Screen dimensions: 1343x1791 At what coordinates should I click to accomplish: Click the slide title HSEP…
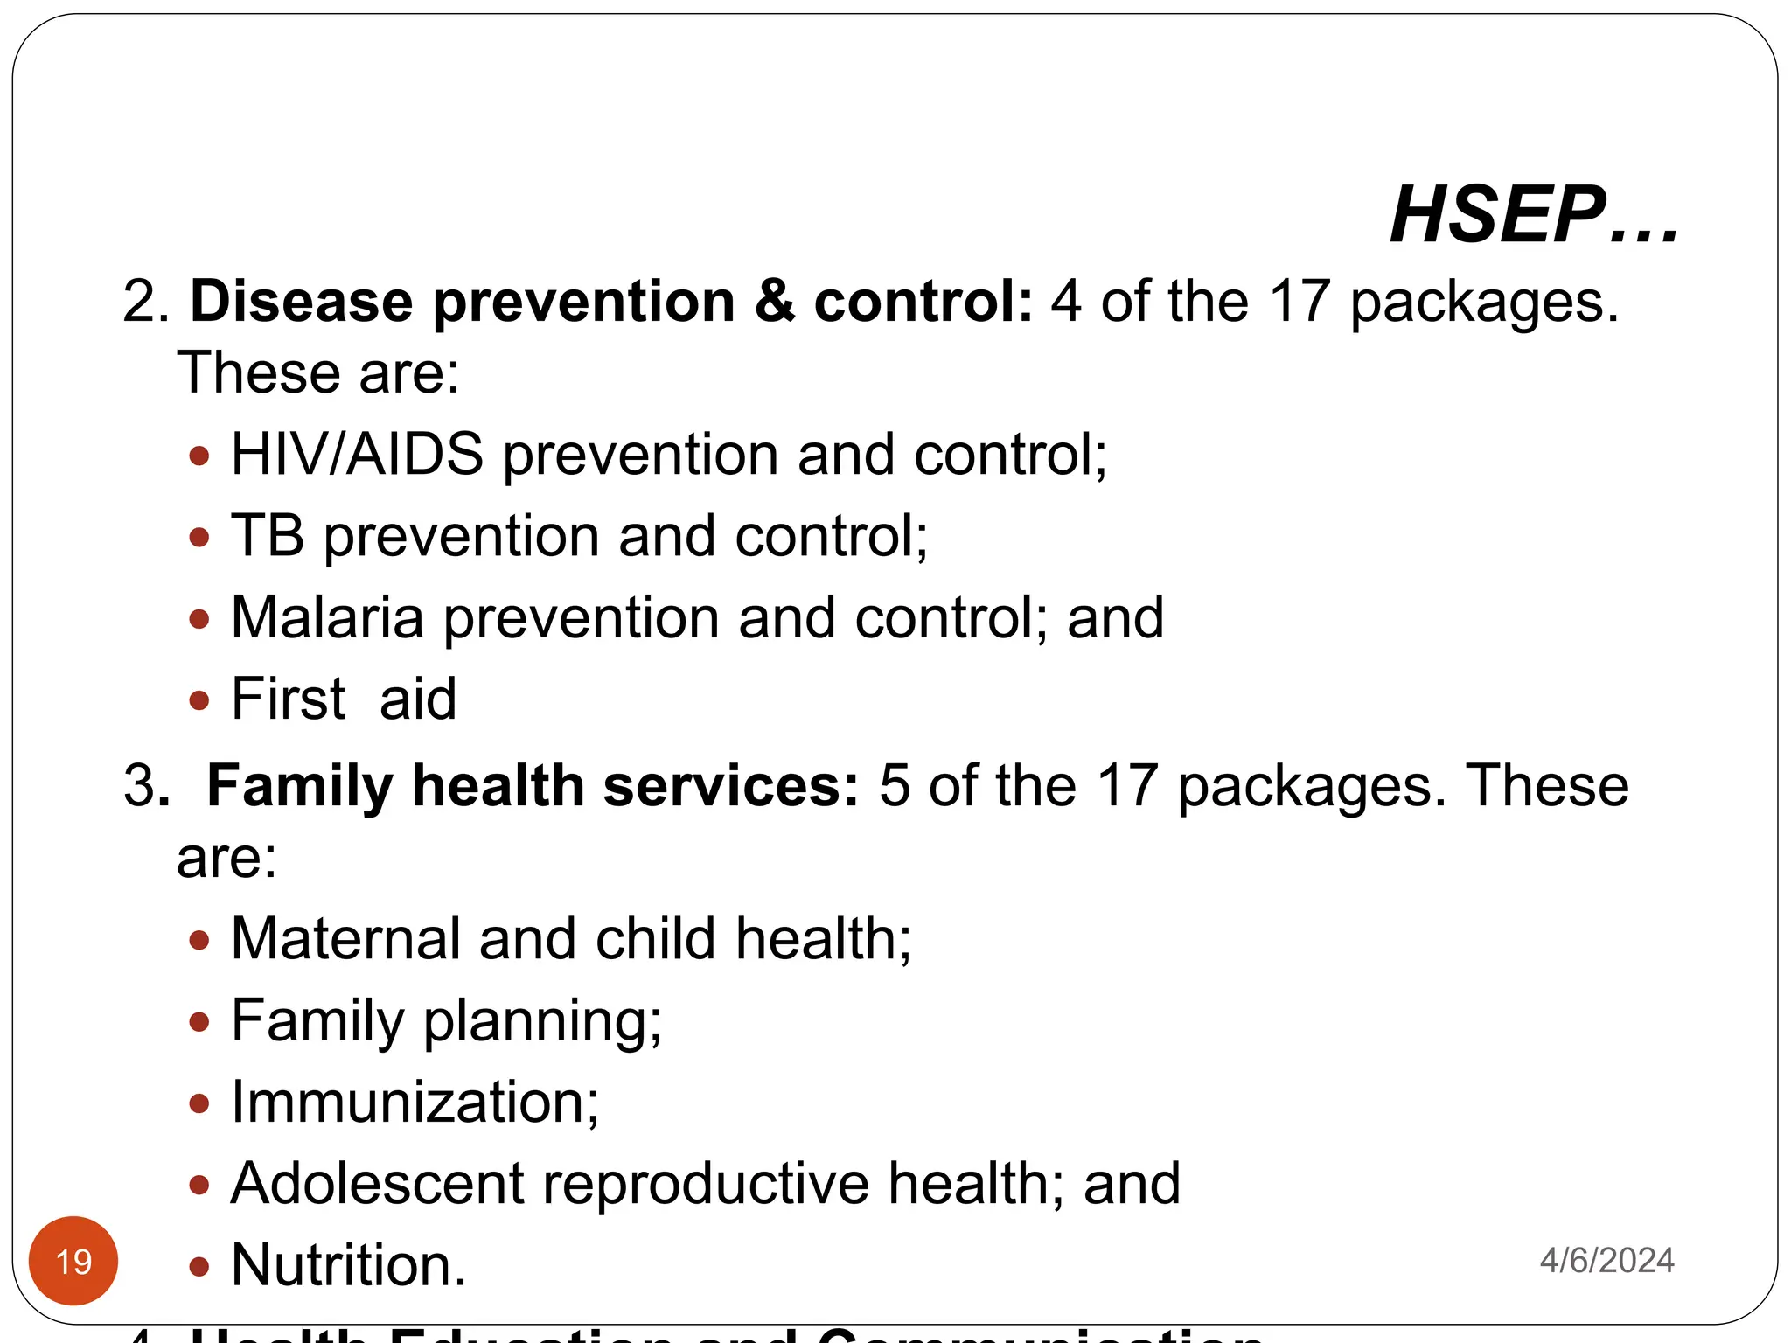1534,215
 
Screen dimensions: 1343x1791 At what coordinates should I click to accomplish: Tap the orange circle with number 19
73,1261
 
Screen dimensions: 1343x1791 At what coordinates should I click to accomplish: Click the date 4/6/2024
1606,1261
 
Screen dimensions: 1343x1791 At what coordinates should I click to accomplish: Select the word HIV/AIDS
357,455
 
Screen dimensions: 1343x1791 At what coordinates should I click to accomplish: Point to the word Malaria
327,617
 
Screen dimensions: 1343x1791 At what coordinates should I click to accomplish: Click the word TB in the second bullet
268,536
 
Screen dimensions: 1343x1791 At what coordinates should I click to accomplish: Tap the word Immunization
415,1102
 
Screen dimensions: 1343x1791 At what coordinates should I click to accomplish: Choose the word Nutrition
348,1265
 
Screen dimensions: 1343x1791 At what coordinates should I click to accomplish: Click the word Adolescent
377,1183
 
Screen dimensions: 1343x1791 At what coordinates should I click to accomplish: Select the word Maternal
345,939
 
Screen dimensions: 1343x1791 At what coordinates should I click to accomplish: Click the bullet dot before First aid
199,700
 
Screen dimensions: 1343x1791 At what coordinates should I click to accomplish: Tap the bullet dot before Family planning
199,1021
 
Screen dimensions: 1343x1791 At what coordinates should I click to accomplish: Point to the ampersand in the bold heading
774,302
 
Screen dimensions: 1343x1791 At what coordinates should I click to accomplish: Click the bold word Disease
302,302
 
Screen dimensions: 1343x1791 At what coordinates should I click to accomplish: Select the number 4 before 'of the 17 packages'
1066,302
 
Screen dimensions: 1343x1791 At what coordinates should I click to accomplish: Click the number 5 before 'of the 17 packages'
894,785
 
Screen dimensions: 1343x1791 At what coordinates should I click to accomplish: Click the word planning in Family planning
542,1021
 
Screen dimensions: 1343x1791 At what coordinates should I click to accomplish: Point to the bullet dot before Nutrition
199,1266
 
